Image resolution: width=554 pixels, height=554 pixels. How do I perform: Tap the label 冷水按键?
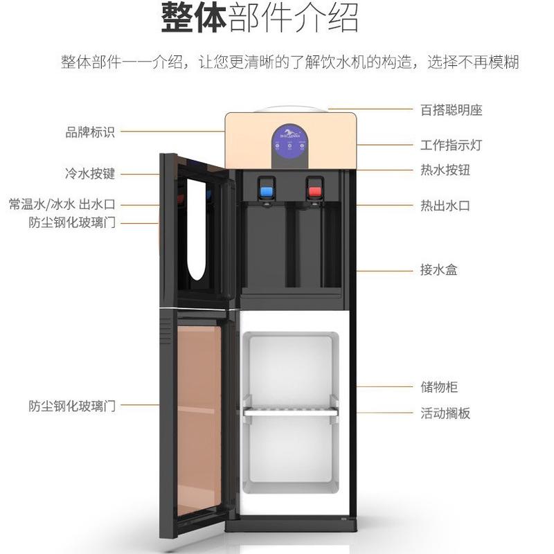tap(89, 174)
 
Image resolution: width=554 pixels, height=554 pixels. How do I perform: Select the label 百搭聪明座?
tap(451, 109)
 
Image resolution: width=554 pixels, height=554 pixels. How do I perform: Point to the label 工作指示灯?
tap(451, 145)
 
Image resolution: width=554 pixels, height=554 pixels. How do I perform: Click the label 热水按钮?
tap(445, 170)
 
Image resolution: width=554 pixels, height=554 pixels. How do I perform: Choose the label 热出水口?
tap(445, 206)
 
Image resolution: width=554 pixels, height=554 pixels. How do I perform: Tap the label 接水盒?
tap(438, 269)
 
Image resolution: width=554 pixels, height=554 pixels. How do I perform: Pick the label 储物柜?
tap(438, 387)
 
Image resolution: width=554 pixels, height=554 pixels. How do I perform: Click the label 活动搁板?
tap(445, 413)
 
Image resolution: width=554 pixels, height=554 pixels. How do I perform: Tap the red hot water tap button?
tap(315, 190)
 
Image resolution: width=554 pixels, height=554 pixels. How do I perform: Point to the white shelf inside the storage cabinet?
tap(290, 411)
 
